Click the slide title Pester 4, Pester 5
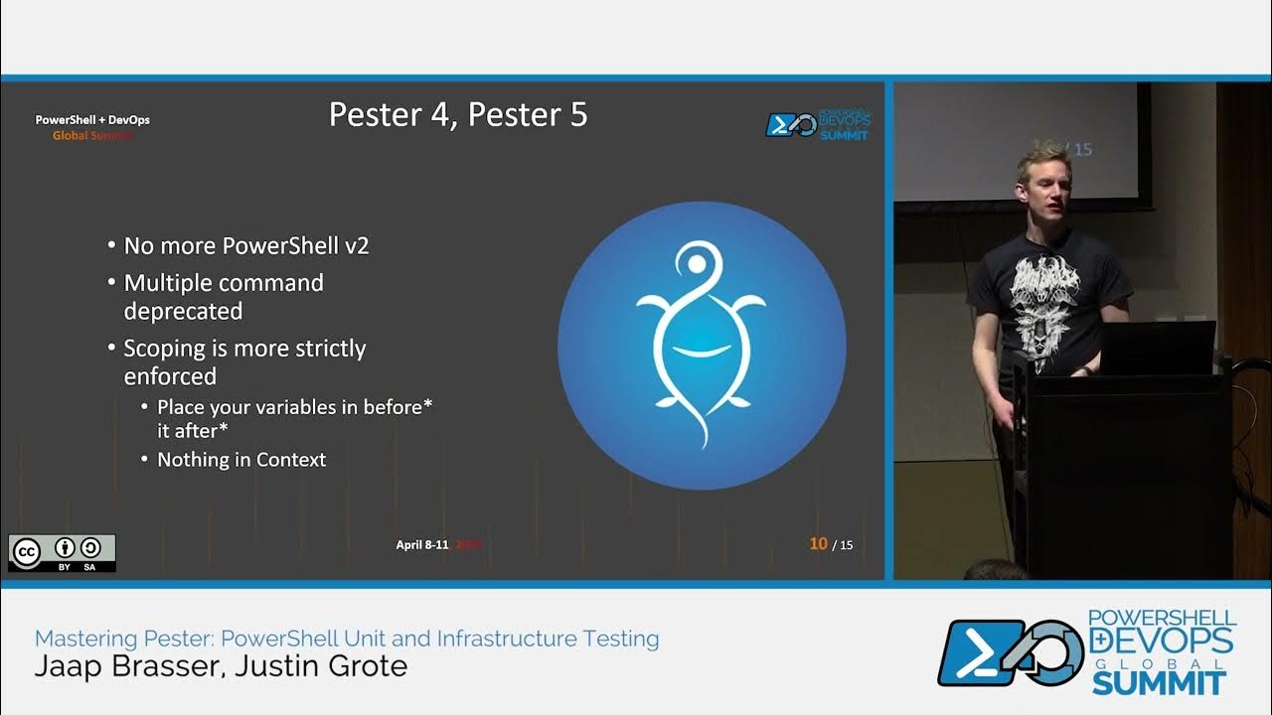coord(458,115)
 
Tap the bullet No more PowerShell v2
coord(245,245)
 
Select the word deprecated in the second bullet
coord(183,311)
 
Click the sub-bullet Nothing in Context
coord(241,460)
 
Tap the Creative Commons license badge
coord(62,553)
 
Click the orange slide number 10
coord(818,543)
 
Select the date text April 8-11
coord(422,544)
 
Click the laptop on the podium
coord(1157,347)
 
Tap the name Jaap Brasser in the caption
coord(123,665)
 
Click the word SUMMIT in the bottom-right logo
coord(1158,682)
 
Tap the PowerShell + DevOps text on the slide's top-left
coord(92,120)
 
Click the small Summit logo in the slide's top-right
coord(817,124)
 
